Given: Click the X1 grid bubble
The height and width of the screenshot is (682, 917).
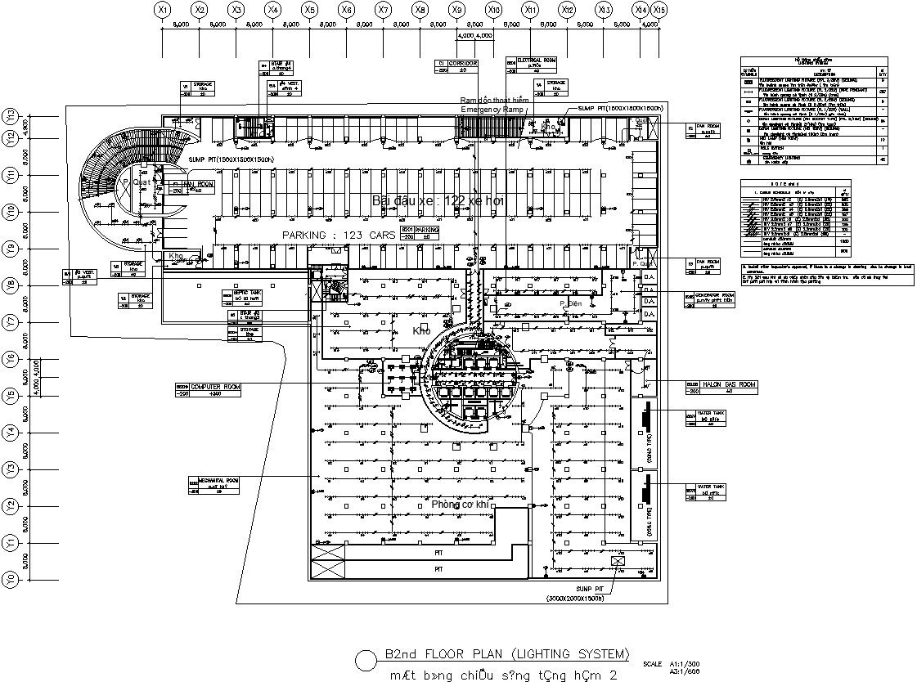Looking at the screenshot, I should pos(163,10).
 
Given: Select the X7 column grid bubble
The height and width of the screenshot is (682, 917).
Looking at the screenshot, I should pos(383,10).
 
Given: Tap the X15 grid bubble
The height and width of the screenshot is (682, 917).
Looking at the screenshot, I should pos(659,10).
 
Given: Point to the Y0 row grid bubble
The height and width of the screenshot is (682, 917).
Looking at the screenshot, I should pos(11,579).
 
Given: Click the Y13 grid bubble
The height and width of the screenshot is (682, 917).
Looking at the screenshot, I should pos(11,115).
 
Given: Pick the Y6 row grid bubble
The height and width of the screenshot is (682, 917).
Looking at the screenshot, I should pos(11,358).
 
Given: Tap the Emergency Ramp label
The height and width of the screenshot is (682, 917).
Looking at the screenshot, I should pos(491,109).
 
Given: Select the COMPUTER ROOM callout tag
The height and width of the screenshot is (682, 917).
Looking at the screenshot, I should pos(208,389).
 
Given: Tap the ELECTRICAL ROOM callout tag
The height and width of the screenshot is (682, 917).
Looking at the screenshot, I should pos(532,65).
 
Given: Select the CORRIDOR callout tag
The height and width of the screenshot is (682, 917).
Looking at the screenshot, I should pos(456,66).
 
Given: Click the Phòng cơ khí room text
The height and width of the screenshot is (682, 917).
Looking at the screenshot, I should pos(460,505).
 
